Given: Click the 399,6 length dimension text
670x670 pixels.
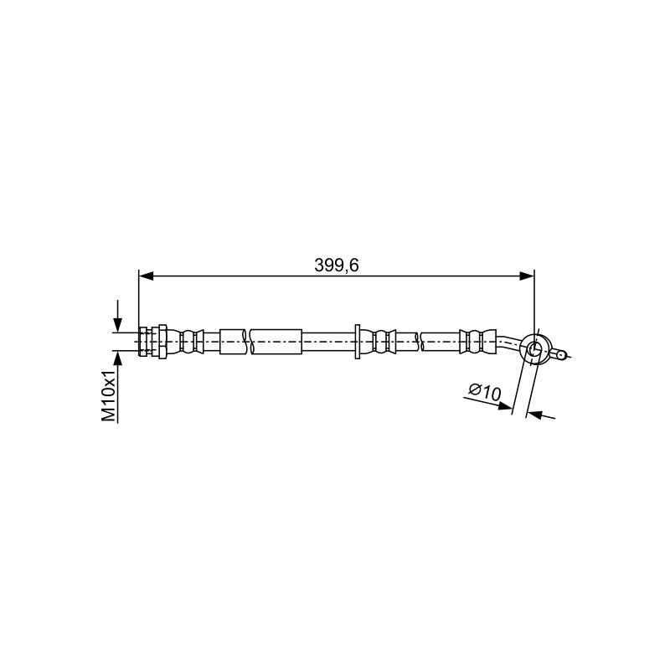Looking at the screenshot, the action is pyautogui.click(x=337, y=265).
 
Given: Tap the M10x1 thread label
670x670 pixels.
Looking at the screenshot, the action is pyautogui.click(x=109, y=395).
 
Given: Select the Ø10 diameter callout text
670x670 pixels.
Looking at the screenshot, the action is pyautogui.click(x=485, y=391).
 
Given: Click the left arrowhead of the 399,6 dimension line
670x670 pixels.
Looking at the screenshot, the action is pyautogui.click(x=146, y=276).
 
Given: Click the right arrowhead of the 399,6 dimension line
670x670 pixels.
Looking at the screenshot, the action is pyautogui.click(x=527, y=276).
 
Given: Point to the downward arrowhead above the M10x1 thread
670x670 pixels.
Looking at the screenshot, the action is pyautogui.click(x=117, y=325).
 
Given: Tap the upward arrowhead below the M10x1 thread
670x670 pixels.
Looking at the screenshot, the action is pyautogui.click(x=117, y=358).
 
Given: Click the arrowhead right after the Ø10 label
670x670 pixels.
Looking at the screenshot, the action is pyautogui.click(x=505, y=405).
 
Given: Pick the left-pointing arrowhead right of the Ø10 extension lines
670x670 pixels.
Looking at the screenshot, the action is pyautogui.click(x=534, y=414).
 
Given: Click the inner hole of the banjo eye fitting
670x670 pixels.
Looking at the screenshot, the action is pyautogui.click(x=533, y=348).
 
